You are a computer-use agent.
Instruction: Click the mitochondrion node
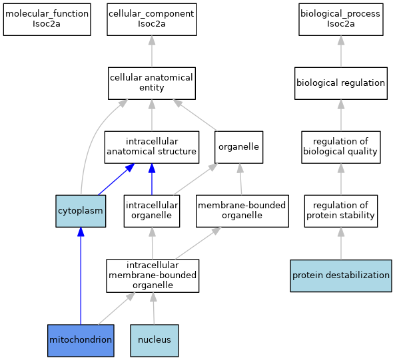[x=81, y=341]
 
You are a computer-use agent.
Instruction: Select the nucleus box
[x=155, y=341]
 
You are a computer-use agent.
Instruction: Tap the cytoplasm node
[x=81, y=211]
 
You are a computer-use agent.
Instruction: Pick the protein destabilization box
[x=341, y=275]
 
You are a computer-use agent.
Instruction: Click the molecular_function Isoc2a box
[x=47, y=19]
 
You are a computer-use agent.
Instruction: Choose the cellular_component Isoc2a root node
[x=152, y=19]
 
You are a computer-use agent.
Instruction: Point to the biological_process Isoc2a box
[x=341, y=19]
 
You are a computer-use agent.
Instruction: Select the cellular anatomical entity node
[x=152, y=83]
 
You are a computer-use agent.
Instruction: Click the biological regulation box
[x=341, y=83]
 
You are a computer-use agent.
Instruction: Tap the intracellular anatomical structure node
[x=152, y=147]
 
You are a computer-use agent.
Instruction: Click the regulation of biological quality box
[x=341, y=147]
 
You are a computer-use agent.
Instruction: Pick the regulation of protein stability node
[x=341, y=211]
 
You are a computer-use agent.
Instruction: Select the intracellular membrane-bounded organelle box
[x=153, y=275]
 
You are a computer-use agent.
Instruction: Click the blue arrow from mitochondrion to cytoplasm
[x=81, y=275]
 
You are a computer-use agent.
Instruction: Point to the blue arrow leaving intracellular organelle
[x=152, y=179]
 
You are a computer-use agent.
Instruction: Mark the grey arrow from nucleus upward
[x=154, y=308]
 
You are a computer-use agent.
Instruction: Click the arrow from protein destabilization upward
[x=341, y=244]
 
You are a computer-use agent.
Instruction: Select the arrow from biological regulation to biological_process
[x=341, y=51]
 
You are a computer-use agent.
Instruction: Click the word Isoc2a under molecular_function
[x=47, y=24]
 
